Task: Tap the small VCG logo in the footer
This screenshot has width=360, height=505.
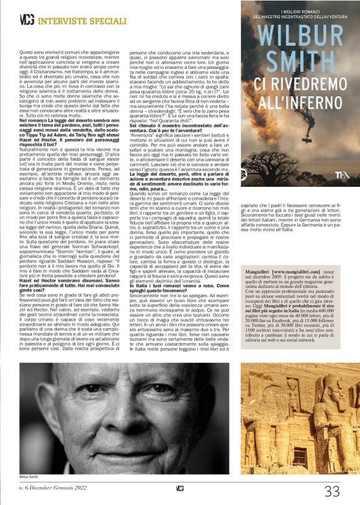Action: (x=180, y=489)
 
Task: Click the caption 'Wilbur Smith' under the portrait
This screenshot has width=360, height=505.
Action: (x=29, y=476)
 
